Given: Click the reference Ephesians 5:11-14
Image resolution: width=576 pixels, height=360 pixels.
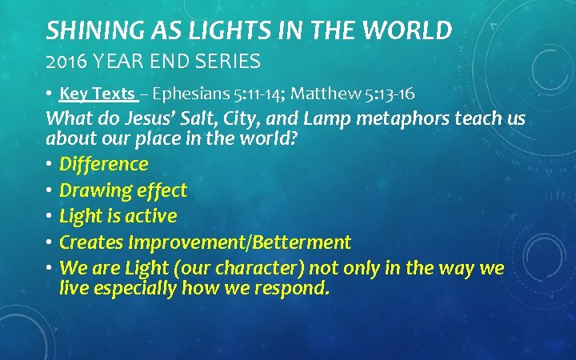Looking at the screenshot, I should click(210, 94).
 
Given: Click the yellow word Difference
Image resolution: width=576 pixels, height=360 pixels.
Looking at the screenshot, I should click(104, 165).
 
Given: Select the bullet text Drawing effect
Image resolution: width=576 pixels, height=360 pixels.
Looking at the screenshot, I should click(123, 190).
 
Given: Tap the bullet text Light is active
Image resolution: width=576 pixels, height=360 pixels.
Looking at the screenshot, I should click(118, 216).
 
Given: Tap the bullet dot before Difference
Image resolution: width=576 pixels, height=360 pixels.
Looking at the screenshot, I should click(50, 165).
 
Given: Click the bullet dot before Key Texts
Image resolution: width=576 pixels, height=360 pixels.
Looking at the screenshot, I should click(50, 94).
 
